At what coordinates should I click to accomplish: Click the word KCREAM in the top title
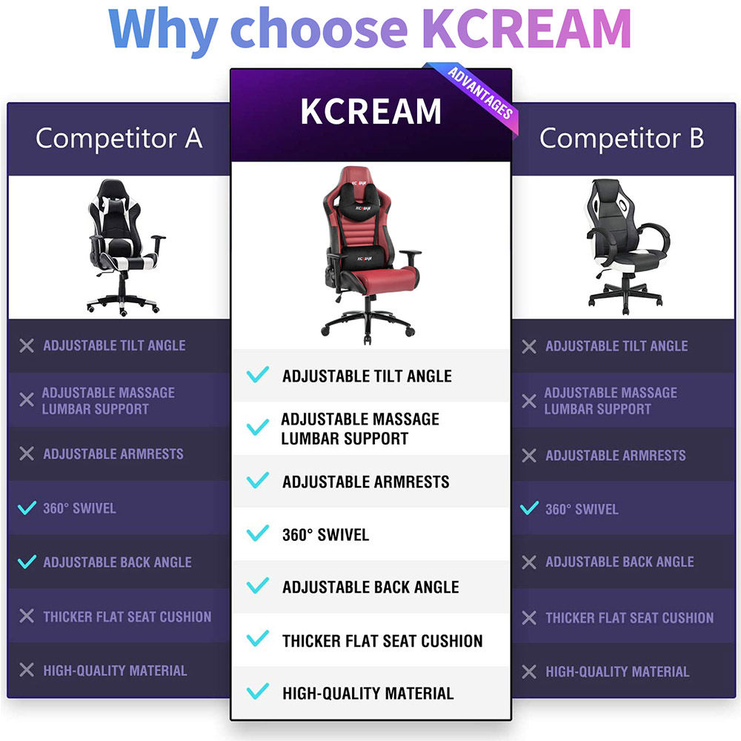click(x=526, y=29)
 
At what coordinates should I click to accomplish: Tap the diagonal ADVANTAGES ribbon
click(x=477, y=95)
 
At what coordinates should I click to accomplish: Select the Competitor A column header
click(x=119, y=138)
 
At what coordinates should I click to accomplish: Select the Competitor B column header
click(x=622, y=138)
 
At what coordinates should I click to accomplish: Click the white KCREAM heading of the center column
click(x=371, y=112)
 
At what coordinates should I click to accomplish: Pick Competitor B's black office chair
click(x=627, y=246)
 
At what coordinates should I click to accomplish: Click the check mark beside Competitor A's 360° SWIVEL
click(x=27, y=508)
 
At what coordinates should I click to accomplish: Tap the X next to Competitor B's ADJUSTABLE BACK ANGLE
click(x=529, y=562)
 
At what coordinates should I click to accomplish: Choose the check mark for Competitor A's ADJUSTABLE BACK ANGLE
click(x=27, y=562)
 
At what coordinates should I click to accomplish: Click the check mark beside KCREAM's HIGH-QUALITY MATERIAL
click(x=258, y=691)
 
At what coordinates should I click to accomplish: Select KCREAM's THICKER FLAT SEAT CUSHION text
click(x=382, y=641)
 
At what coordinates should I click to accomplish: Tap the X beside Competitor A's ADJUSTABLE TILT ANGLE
click(x=27, y=345)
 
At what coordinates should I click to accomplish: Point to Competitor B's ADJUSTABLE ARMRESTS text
click(x=615, y=455)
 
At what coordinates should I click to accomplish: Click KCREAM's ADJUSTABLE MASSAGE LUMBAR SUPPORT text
click(x=360, y=428)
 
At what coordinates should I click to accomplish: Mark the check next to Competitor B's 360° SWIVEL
click(x=529, y=508)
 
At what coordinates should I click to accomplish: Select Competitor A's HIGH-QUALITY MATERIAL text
click(x=115, y=671)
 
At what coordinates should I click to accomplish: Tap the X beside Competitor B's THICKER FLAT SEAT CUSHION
click(x=529, y=618)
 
